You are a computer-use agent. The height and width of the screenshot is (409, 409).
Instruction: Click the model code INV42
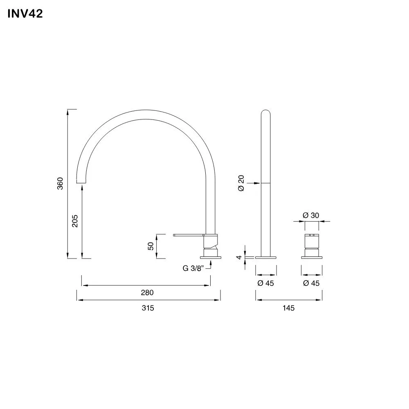[25, 14]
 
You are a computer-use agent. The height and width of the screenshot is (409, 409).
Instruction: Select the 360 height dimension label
[60, 184]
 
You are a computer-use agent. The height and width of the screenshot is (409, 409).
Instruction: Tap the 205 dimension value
[75, 221]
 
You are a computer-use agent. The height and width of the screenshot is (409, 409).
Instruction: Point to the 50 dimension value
[151, 246]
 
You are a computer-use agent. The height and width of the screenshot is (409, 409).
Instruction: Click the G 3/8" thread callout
[193, 269]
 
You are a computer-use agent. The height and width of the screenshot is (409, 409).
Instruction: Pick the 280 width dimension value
[147, 292]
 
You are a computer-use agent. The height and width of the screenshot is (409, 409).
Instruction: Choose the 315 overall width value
[148, 308]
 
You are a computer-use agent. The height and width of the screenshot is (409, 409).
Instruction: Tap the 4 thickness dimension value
[238, 257]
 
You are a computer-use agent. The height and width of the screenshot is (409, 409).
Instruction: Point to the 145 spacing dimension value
[288, 308]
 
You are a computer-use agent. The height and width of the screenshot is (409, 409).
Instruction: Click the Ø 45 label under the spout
[265, 283]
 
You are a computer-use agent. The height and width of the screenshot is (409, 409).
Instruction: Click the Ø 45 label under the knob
[311, 283]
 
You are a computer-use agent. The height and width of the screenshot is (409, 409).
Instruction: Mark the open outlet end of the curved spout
[82, 182]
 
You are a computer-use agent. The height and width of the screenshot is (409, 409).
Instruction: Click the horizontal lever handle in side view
[189, 235]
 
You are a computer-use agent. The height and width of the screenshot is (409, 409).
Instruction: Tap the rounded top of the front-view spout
[265, 112]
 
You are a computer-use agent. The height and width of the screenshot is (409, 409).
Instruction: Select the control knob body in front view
[312, 245]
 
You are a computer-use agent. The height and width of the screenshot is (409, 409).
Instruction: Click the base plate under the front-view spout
[266, 257]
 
